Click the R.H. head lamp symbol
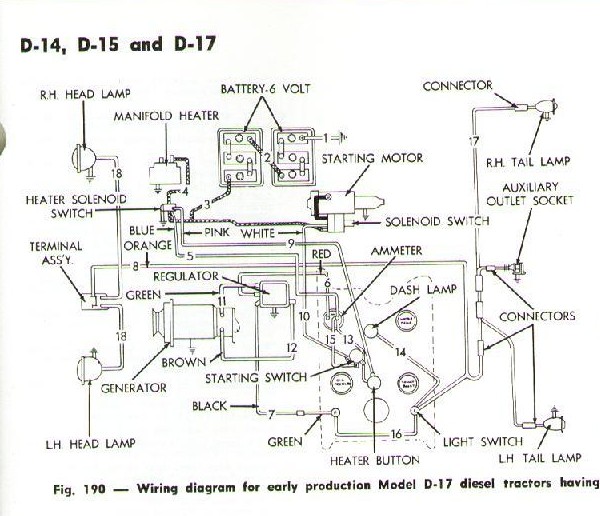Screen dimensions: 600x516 [84, 158]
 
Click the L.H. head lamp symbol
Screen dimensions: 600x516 [89, 368]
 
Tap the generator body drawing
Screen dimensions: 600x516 [191, 322]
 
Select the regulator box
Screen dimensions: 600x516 [273, 294]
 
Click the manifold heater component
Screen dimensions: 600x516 [166, 174]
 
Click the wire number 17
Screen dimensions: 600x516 [474, 141]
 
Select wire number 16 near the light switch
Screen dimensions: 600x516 [396, 434]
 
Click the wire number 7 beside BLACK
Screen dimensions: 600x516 [271, 414]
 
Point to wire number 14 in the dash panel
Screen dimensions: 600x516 [400, 351]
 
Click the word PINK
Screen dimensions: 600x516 [217, 232]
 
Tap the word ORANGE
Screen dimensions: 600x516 [148, 245]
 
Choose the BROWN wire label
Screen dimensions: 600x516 [184, 362]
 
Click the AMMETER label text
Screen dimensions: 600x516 [396, 251]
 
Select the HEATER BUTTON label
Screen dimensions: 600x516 [375, 460]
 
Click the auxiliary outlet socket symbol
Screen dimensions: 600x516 [518, 268]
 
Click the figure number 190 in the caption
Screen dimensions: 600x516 [94, 488]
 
